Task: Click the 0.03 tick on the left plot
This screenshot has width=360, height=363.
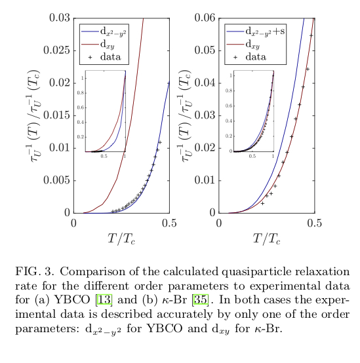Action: (x=60, y=17)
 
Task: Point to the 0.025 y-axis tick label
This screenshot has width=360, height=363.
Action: (x=56, y=50)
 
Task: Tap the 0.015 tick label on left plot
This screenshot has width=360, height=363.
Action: (x=56, y=115)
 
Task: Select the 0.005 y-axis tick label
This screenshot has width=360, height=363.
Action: (x=56, y=180)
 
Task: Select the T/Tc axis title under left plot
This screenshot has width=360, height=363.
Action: (x=121, y=239)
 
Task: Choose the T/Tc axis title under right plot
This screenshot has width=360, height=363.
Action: (x=267, y=239)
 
